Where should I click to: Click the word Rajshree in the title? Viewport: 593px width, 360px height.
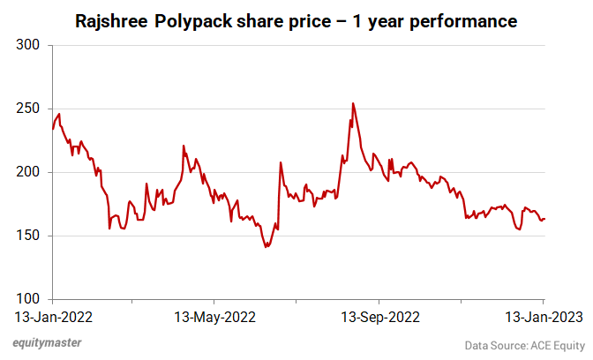[115, 19]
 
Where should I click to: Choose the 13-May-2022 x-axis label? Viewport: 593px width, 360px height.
[214, 316]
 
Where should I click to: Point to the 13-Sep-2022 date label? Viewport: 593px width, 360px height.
[380, 316]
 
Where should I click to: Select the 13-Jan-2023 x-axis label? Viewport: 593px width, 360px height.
[541, 316]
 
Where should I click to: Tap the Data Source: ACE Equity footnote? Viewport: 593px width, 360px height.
[524, 344]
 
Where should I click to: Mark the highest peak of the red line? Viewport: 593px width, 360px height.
[353, 103]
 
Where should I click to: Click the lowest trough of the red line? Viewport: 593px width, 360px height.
[266, 247]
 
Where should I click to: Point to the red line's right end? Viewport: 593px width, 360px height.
[544, 219]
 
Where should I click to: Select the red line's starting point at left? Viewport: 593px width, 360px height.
[52, 129]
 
